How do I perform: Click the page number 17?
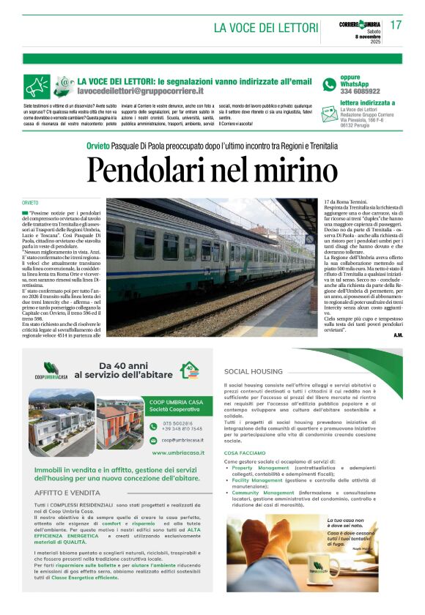tap(396, 26)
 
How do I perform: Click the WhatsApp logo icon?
tap(329, 85)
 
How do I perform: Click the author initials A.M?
tap(398, 335)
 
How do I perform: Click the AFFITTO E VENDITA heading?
tap(68, 493)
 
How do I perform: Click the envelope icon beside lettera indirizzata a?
tap(330, 104)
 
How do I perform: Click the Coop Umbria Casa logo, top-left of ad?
tap(56, 372)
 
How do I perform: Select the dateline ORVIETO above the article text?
tap(30, 202)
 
